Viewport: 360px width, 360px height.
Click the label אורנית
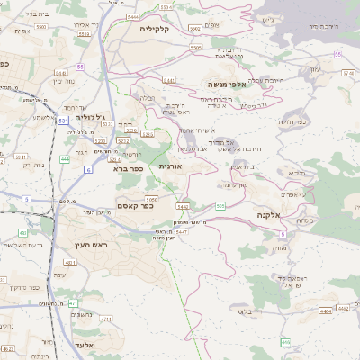171,166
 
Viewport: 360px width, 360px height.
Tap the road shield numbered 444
65,158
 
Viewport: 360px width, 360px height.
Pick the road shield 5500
42,28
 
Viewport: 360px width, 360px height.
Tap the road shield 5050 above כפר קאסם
150,199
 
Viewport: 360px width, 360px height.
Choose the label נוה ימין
70,82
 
